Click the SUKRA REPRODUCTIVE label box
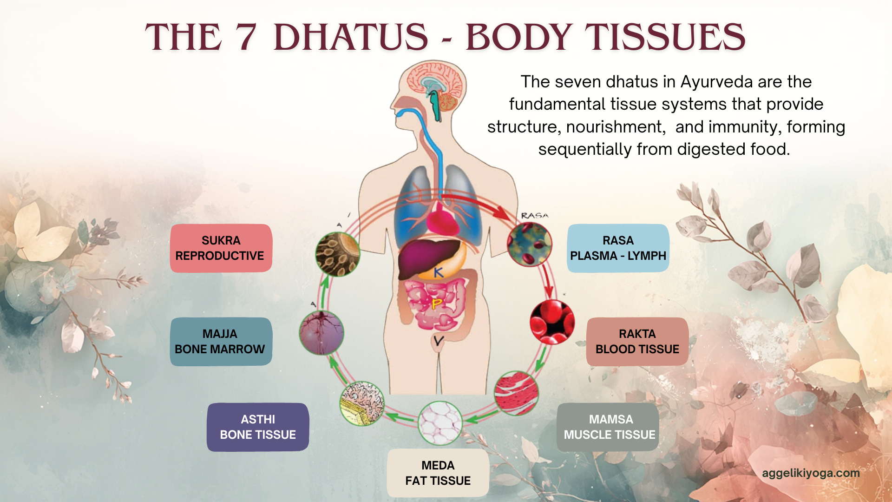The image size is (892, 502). (x=221, y=248)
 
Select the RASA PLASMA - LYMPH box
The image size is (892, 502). (x=618, y=248)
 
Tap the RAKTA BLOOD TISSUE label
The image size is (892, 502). (x=637, y=342)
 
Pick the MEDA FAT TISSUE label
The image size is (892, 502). (x=438, y=473)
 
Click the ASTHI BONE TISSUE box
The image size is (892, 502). (x=258, y=427)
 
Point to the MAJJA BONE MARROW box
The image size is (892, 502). (x=221, y=342)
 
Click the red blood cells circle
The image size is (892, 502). (x=552, y=322)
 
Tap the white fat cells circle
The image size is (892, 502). (x=440, y=423)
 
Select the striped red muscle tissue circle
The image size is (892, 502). (x=516, y=393)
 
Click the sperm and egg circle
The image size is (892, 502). (x=338, y=254)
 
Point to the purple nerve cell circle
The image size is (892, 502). (x=321, y=333)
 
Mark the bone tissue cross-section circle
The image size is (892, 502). (x=362, y=403)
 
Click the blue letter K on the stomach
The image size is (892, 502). (x=438, y=272)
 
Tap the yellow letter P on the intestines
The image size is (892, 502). (x=436, y=304)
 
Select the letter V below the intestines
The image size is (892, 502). (x=438, y=342)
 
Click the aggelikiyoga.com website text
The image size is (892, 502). (x=811, y=473)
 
